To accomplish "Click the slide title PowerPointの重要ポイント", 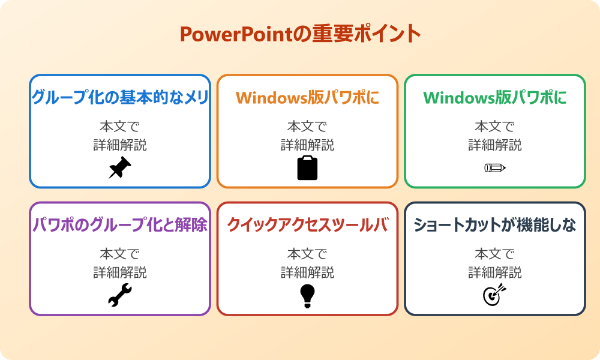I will tap(300, 34).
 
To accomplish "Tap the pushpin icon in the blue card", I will tap(120, 167).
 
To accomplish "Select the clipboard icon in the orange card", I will tap(307, 168).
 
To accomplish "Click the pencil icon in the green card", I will tap(495, 167).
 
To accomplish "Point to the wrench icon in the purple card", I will tap(120, 295).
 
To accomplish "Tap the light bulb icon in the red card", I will tap(307, 295).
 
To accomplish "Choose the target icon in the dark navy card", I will tap(495, 295).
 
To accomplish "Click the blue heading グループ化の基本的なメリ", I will tap(120, 98).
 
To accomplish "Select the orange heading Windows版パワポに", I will tap(307, 98).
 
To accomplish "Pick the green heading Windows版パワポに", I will tap(495, 98).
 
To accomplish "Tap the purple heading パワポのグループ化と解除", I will tap(120, 226).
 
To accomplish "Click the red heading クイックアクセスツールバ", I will tap(307, 226).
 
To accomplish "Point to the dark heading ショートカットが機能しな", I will tap(495, 226).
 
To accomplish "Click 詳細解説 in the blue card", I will tap(120, 145).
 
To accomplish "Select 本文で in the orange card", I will tap(307, 127).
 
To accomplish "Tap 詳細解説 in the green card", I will tap(495, 145).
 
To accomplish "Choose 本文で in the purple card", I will tap(120, 254).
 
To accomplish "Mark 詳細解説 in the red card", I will tap(307, 273).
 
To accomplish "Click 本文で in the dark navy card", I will tap(495, 254).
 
